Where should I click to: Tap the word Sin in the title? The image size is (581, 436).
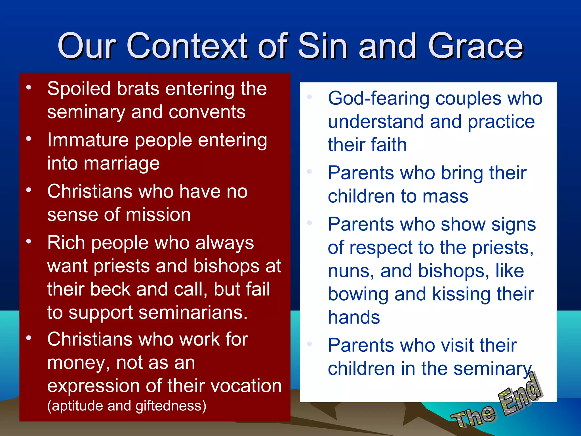(323, 46)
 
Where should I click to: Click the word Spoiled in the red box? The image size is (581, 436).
(79, 89)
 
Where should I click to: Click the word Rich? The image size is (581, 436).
(66, 243)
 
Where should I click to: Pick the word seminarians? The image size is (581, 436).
(193, 313)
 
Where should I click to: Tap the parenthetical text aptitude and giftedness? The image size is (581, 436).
(127, 406)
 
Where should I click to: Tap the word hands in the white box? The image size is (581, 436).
(354, 317)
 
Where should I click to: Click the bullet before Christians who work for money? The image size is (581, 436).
(29, 338)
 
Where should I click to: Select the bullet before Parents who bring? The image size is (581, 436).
(310, 171)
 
